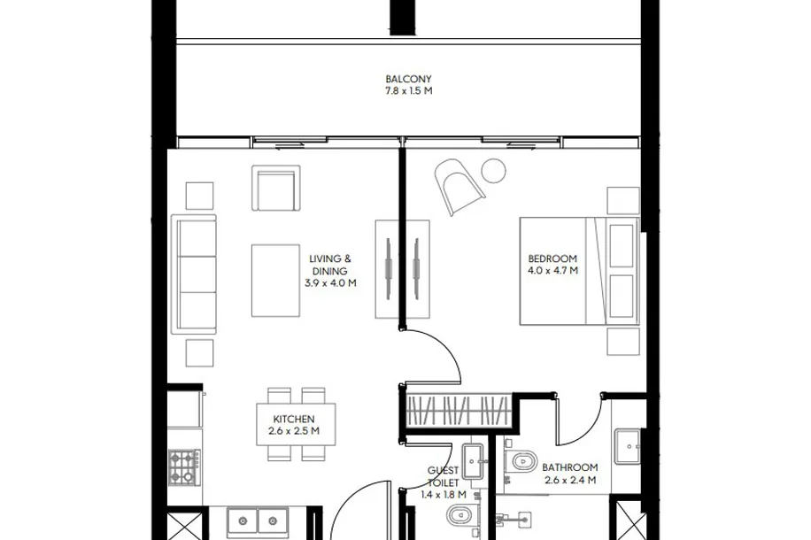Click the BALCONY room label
[x=408, y=79]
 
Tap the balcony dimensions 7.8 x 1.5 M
[x=408, y=91]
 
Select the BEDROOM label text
[x=552, y=258]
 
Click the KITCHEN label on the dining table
[x=294, y=419]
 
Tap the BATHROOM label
[x=570, y=467]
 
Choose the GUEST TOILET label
[x=444, y=476]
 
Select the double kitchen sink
[x=258, y=522]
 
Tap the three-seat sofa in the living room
[x=194, y=274]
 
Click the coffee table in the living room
[x=275, y=281]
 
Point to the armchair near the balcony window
[x=276, y=188]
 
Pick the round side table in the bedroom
[x=493, y=171]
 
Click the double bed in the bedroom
[x=579, y=272]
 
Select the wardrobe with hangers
[x=457, y=410]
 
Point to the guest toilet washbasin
[x=473, y=460]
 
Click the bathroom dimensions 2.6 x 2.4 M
[x=570, y=480]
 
